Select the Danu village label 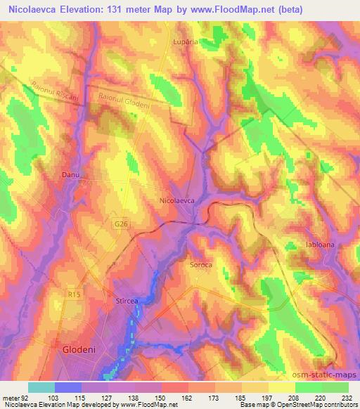point(71,174)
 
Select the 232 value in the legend point(347,397)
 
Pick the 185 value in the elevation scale point(239,397)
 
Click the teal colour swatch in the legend point(41,387)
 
